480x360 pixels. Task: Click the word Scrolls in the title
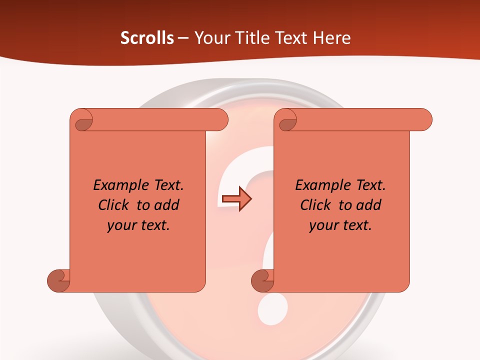click(147, 38)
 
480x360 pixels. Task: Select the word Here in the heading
click(331, 38)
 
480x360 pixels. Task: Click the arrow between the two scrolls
click(236, 198)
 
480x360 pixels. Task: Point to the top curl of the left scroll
click(82, 120)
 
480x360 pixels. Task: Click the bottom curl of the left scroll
click(58, 280)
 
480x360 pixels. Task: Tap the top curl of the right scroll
click(286, 120)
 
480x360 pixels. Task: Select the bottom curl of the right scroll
click(263, 280)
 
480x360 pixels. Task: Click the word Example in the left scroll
click(116, 185)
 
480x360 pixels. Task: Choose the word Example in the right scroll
click(318, 185)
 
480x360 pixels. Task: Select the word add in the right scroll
click(369, 205)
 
